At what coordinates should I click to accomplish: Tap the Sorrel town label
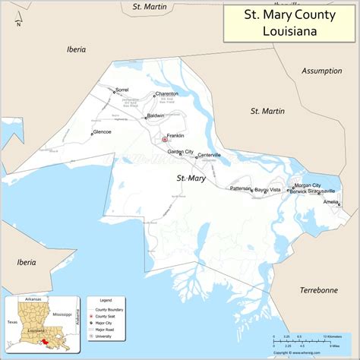tap(122, 90)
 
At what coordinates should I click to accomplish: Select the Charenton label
tap(166, 93)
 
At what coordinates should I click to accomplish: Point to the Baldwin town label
tap(156, 115)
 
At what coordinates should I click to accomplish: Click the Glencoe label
tap(102, 131)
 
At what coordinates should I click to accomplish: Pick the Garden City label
tap(181, 152)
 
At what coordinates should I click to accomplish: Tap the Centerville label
tap(210, 155)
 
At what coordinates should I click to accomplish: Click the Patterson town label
tap(241, 188)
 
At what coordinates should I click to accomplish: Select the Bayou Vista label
tap(267, 188)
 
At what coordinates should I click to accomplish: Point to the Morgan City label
tap(308, 185)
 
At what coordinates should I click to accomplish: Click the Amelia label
tap(330, 202)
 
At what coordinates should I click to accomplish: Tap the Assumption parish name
tap(322, 71)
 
